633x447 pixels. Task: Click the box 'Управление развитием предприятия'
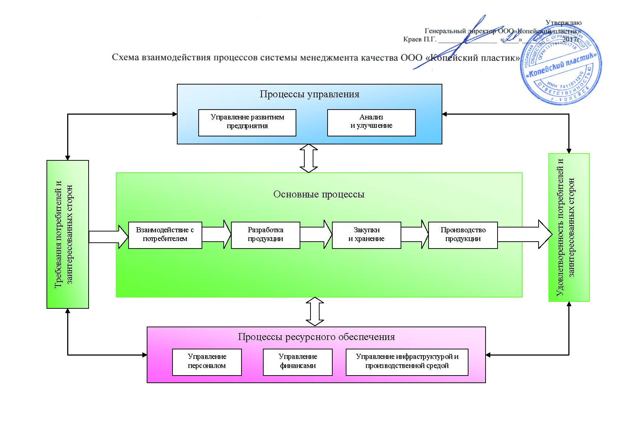pyautogui.click(x=247, y=123)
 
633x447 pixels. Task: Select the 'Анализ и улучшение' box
pyautogui.click(x=371, y=123)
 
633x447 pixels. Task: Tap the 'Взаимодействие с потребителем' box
pyautogui.click(x=165, y=235)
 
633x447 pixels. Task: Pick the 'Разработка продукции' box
pyautogui.click(x=265, y=235)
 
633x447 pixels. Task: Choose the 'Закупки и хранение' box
pyautogui.click(x=366, y=235)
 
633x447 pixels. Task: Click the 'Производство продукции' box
pyautogui.click(x=463, y=235)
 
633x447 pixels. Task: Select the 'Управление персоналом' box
pyautogui.click(x=207, y=362)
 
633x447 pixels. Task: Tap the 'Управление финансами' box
pyautogui.click(x=297, y=362)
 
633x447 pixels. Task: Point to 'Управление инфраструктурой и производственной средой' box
pyautogui.click(x=407, y=362)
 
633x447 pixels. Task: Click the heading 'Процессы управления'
pyautogui.click(x=309, y=94)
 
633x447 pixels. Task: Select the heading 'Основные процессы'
pyautogui.click(x=319, y=194)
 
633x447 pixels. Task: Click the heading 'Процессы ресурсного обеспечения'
pyautogui.click(x=316, y=337)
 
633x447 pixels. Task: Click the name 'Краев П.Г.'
pyautogui.click(x=419, y=39)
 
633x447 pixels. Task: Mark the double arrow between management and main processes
pyautogui.click(x=309, y=158)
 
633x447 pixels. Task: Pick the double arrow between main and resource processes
pyautogui.click(x=315, y=312)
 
